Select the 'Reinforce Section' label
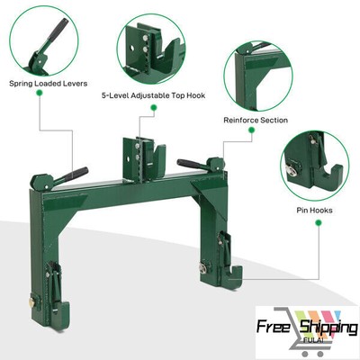pos(256,119)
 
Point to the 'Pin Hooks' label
pos(315,211)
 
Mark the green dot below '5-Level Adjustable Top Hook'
pos(154,107)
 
